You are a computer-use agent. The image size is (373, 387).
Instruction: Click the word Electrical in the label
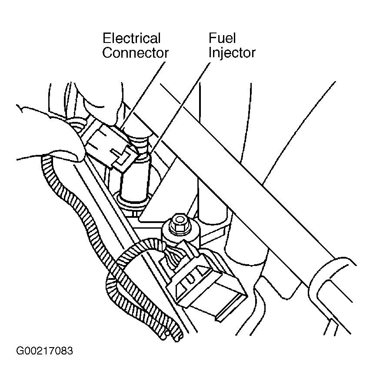(x=132, y=39)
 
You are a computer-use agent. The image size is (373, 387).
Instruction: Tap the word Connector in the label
(x=135, y=53)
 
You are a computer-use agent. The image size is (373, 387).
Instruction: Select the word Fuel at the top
(x=222, y=38)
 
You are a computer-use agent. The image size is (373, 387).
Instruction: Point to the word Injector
(x=232, y=53)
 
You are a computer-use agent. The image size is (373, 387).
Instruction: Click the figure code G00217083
(x=44, y=351)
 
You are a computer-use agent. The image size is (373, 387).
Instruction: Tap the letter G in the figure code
(x=20, y=351)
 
